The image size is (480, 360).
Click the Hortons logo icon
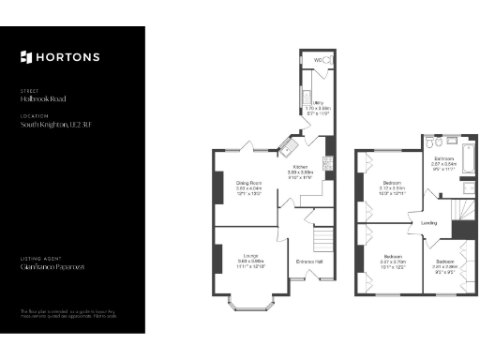click(x=26, y=57)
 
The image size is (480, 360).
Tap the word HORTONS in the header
click(x=67, y=57)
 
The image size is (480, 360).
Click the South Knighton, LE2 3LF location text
click(x=57, y=124)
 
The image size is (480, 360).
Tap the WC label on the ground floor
click(x=318, y=60)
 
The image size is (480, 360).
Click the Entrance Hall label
click(x=309, y=261)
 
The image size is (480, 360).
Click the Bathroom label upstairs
click(x=443, y=158)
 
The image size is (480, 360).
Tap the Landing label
click(x=428, y=222)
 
